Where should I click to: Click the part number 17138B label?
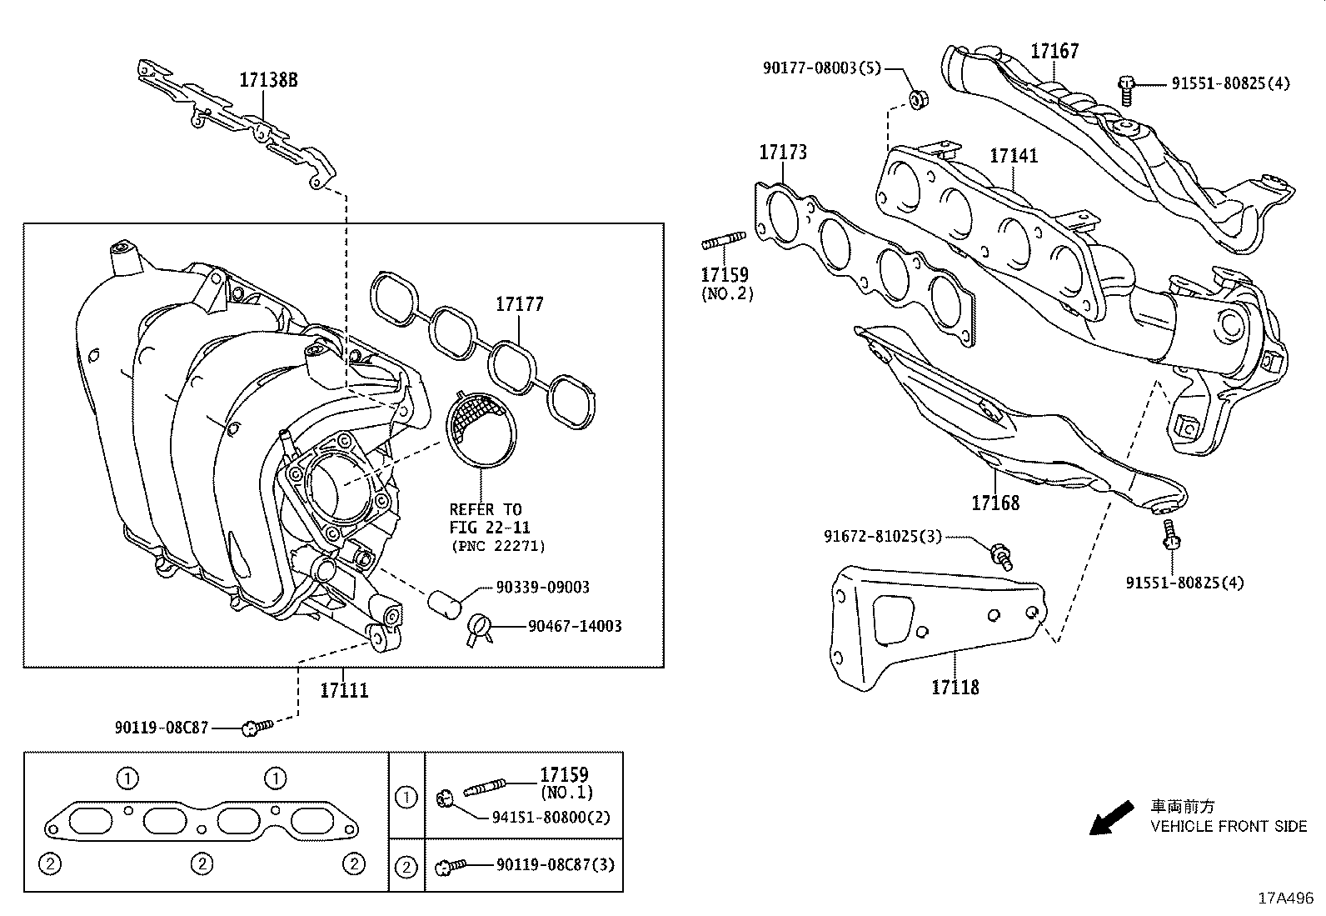(268, 80)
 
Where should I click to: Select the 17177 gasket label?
(520, 304)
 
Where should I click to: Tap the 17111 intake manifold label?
(344, 690)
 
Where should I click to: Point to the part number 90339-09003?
(542, 587)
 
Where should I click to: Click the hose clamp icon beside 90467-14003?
(481, 628)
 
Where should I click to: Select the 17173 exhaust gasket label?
(782, 153)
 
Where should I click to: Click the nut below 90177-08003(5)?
(918, 99)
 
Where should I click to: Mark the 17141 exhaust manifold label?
(1014, 156)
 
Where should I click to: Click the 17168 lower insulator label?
(994, 503)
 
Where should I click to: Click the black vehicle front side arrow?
(1111, 818)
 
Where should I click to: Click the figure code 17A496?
(1285, 898)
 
